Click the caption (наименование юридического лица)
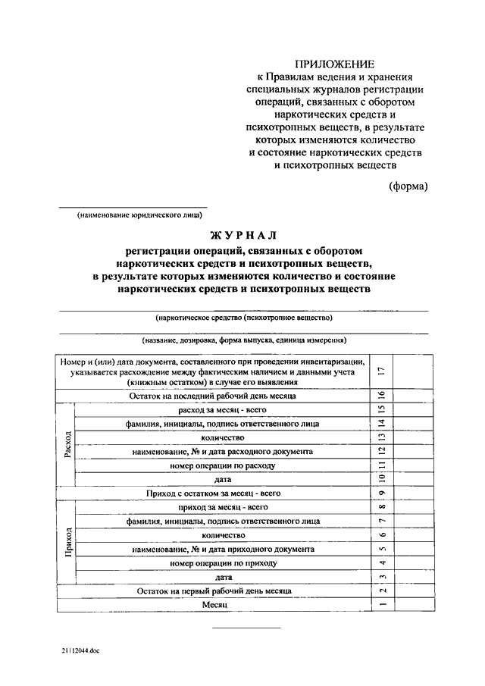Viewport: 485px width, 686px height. pyautogui.click(x=133, y=215)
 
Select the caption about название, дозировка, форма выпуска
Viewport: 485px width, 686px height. pyautogui.click(x=243, y=340)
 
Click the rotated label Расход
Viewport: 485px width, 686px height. pyautogui.click(x=67, y=444)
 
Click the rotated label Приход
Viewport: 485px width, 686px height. pyautogui.click(x=67, y=542)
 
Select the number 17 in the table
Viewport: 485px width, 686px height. pyautogui.click(x=382, y=371)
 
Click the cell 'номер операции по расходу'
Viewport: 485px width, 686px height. pyautogui.click(x=223, y=465)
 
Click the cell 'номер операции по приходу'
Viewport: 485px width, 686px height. pyautogui.click(x=223, y=563)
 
